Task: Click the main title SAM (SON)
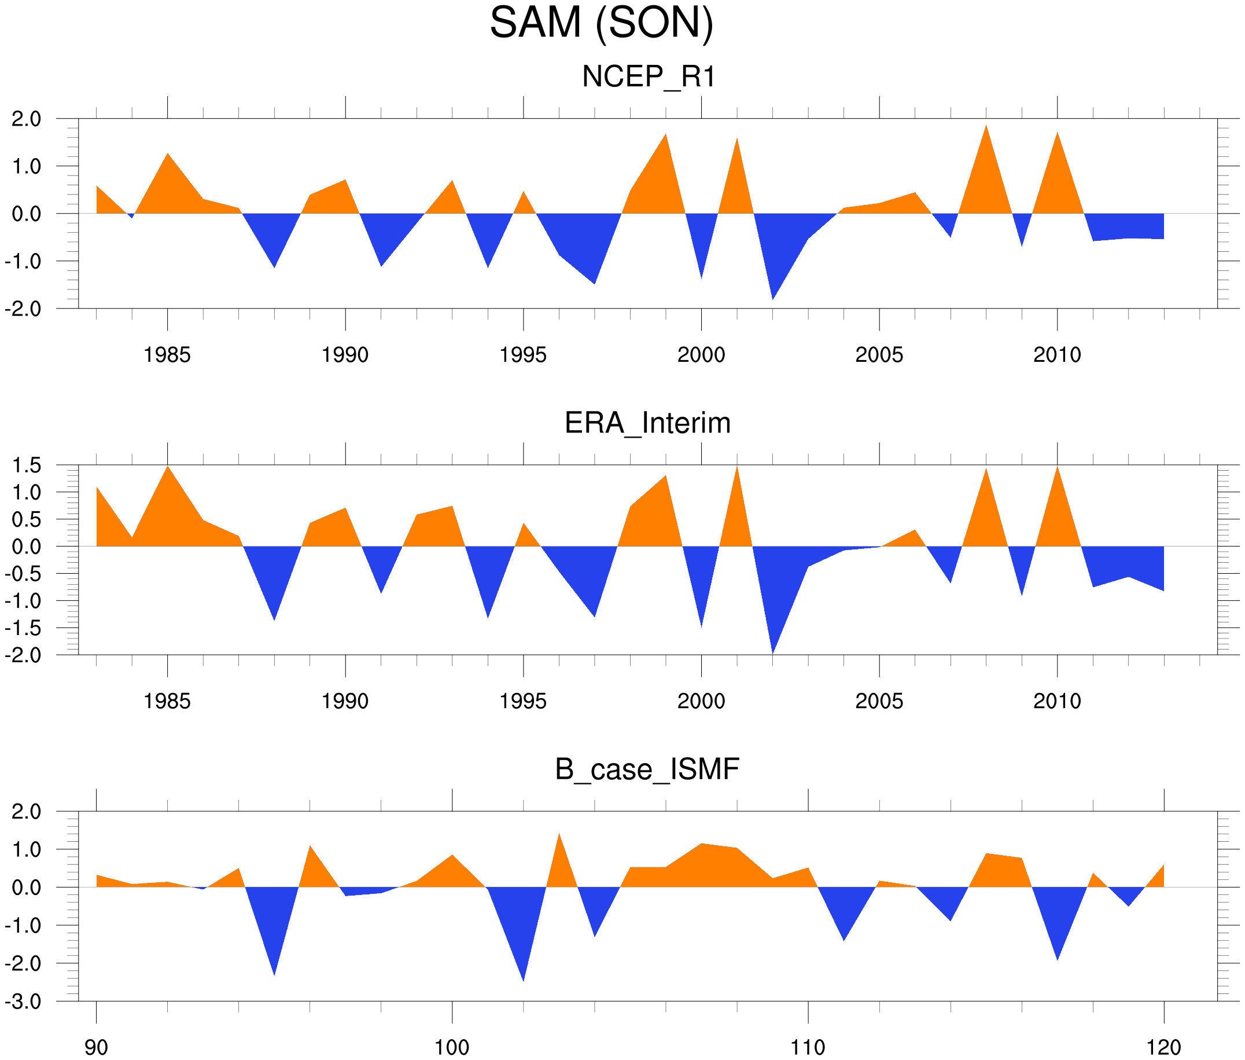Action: click(601, 23)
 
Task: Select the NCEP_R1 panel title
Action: click(649, 77)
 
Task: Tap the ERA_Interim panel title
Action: click(647, 423)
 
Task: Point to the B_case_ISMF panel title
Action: click(647, 769)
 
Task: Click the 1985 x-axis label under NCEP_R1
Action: click(167, 354)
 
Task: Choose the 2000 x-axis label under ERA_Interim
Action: click(701, 700)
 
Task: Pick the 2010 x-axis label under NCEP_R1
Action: click(1057, 354)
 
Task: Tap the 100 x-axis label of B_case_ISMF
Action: click(452, 1047)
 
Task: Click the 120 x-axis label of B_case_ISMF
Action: click(1163, 1047)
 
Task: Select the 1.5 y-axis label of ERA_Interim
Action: click(27, 465)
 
